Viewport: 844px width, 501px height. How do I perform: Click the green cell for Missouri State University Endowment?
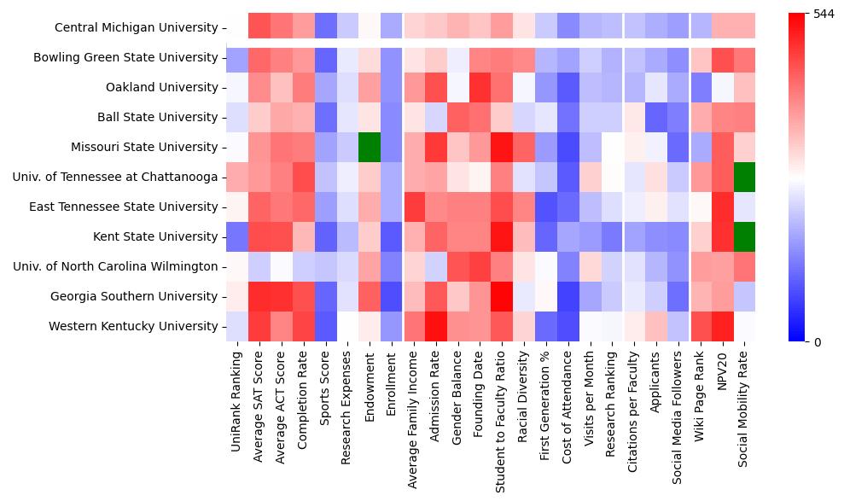[370, 147]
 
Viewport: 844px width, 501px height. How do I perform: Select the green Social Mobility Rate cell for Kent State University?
[745, 236]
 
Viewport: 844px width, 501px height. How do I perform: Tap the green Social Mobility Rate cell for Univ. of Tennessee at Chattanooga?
[745, 177]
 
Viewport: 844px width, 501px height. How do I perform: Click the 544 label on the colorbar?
[824, 15]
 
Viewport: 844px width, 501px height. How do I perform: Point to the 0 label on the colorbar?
[818, 342]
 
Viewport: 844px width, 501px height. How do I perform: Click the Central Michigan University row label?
[136, 27]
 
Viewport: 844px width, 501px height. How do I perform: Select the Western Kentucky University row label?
[133, 326]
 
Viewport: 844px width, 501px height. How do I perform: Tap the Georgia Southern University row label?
[134, 296]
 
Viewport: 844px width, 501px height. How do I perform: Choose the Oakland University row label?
[162, 87]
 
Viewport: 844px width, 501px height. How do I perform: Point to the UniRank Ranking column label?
[236, 393]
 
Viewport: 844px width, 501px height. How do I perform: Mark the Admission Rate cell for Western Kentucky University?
[435, 326]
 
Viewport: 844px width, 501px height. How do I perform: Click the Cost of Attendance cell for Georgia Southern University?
[568, 296]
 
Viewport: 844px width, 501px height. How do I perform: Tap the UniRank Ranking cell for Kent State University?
[237, 236]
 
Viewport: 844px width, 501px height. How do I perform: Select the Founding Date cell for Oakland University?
[479, 87]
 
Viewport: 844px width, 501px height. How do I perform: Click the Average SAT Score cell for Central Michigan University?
[259, 27]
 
